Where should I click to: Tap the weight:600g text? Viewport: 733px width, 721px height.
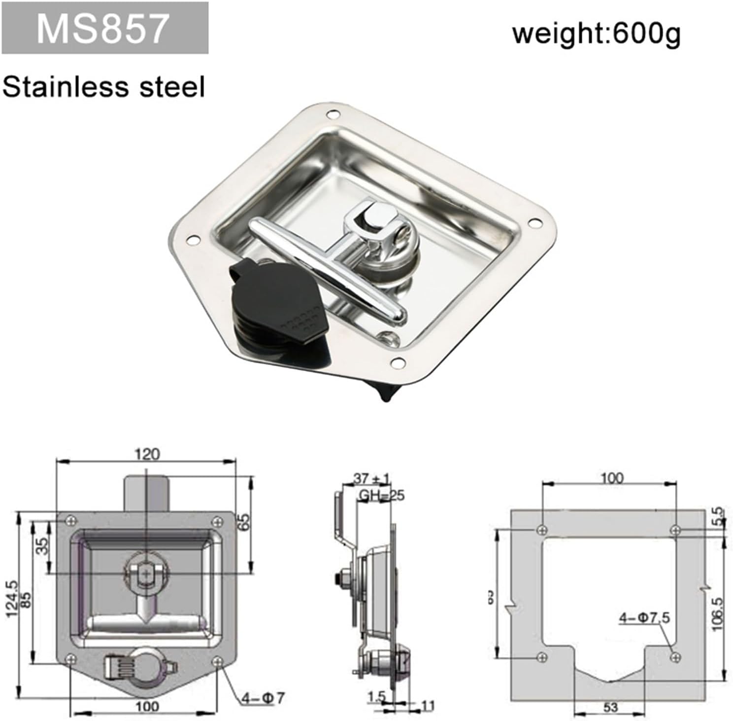point(596,34)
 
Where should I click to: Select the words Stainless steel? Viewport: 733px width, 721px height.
point(103,87)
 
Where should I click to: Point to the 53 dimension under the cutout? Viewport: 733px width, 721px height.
point(610,707)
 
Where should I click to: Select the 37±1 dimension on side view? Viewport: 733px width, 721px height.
point(371,478)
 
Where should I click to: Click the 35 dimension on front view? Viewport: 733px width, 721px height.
point(44,546)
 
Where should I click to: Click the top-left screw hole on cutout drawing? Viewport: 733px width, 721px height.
point(542,530)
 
